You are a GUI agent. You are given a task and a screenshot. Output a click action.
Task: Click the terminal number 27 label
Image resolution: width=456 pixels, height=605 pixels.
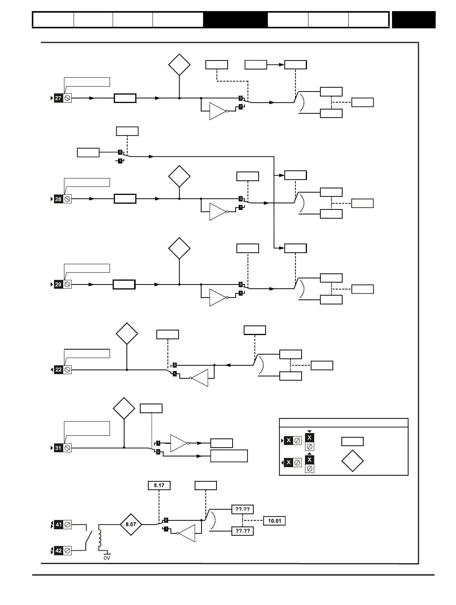[x=58, y=98]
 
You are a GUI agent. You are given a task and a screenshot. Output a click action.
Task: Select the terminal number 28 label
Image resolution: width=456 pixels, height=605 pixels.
[x=58, y=199]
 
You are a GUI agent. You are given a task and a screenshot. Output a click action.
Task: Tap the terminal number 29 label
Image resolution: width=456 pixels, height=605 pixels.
[x=58, y=285]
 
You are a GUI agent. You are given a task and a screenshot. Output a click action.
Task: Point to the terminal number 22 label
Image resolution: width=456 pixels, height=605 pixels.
[x=58, y=370]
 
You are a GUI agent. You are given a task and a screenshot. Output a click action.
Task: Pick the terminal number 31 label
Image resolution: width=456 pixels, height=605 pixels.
[x=58, y=448]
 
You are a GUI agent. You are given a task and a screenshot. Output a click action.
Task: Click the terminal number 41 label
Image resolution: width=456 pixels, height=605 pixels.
[x=59, y=525]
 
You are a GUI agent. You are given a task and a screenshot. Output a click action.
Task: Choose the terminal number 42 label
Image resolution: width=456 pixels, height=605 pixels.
[x=59, y=551]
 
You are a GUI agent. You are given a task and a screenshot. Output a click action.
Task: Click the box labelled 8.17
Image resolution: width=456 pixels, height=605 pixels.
[x=159, y=486]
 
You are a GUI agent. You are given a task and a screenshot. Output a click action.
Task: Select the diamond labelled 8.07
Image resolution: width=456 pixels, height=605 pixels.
[x=131, y=524]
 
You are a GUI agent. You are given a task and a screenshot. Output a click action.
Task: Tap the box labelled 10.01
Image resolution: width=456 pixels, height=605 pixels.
[x=274, y=521]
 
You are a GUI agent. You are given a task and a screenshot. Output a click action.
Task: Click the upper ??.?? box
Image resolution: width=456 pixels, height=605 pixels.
[x=243, y=510]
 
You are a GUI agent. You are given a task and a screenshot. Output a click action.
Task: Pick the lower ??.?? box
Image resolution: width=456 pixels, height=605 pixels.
[x=243, y=531]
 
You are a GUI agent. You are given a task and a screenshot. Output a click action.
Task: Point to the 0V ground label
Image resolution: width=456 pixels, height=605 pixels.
[x=107, y=558]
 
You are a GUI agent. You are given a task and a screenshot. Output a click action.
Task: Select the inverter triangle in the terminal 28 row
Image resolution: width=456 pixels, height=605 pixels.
[x=217, y=212]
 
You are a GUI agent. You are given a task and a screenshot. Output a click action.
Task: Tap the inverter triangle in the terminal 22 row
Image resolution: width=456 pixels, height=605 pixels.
[x=200, y=378]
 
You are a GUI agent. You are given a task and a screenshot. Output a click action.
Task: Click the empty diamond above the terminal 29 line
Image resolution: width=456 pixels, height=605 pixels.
[x=179, y=248]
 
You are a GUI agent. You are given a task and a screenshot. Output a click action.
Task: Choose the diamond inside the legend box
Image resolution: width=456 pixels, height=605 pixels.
[x=353, y=461]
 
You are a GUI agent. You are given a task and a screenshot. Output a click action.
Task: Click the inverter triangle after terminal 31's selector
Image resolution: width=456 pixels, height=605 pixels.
[x=179, y=443]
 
